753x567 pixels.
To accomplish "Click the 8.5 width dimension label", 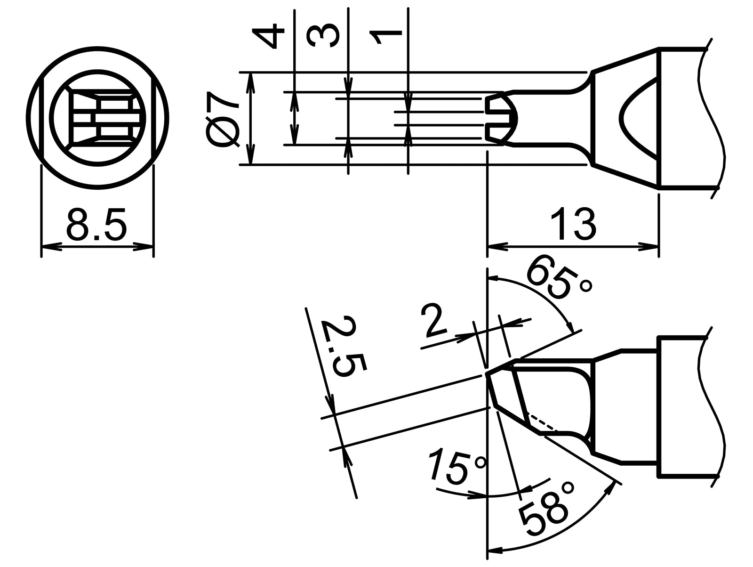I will point(96,225).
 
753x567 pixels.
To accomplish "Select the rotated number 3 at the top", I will point(324,37).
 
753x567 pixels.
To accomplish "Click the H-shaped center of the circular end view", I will point(104,118).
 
